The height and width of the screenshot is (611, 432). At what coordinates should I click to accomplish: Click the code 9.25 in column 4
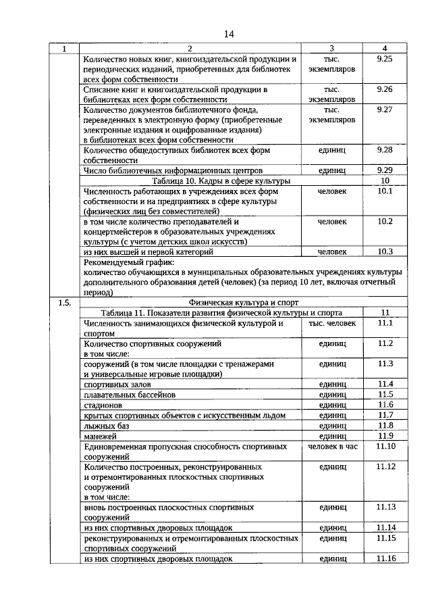(385, 59)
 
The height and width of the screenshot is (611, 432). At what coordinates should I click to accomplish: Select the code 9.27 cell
(385, 109)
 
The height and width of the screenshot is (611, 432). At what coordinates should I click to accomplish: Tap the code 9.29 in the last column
(385, 170)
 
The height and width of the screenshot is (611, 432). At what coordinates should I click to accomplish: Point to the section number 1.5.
(65, 303)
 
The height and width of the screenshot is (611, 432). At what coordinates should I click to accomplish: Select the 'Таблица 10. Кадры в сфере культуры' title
(221, 181)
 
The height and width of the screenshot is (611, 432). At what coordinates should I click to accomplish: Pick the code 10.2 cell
(385, 221)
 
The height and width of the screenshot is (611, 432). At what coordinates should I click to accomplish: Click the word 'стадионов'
(103, 404)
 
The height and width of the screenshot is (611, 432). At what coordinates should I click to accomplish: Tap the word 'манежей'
(100, 436)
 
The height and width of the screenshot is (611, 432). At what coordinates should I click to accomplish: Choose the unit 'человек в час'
(332, 447)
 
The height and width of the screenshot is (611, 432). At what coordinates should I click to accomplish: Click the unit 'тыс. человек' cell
(332, 323)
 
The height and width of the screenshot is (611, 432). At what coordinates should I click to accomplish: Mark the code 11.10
(385, 447)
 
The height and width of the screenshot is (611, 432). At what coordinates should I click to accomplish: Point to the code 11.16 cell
(385, 558)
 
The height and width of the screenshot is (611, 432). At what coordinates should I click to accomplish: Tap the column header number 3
(332, 49)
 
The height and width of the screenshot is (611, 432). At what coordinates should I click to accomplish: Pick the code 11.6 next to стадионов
(385, 404)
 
